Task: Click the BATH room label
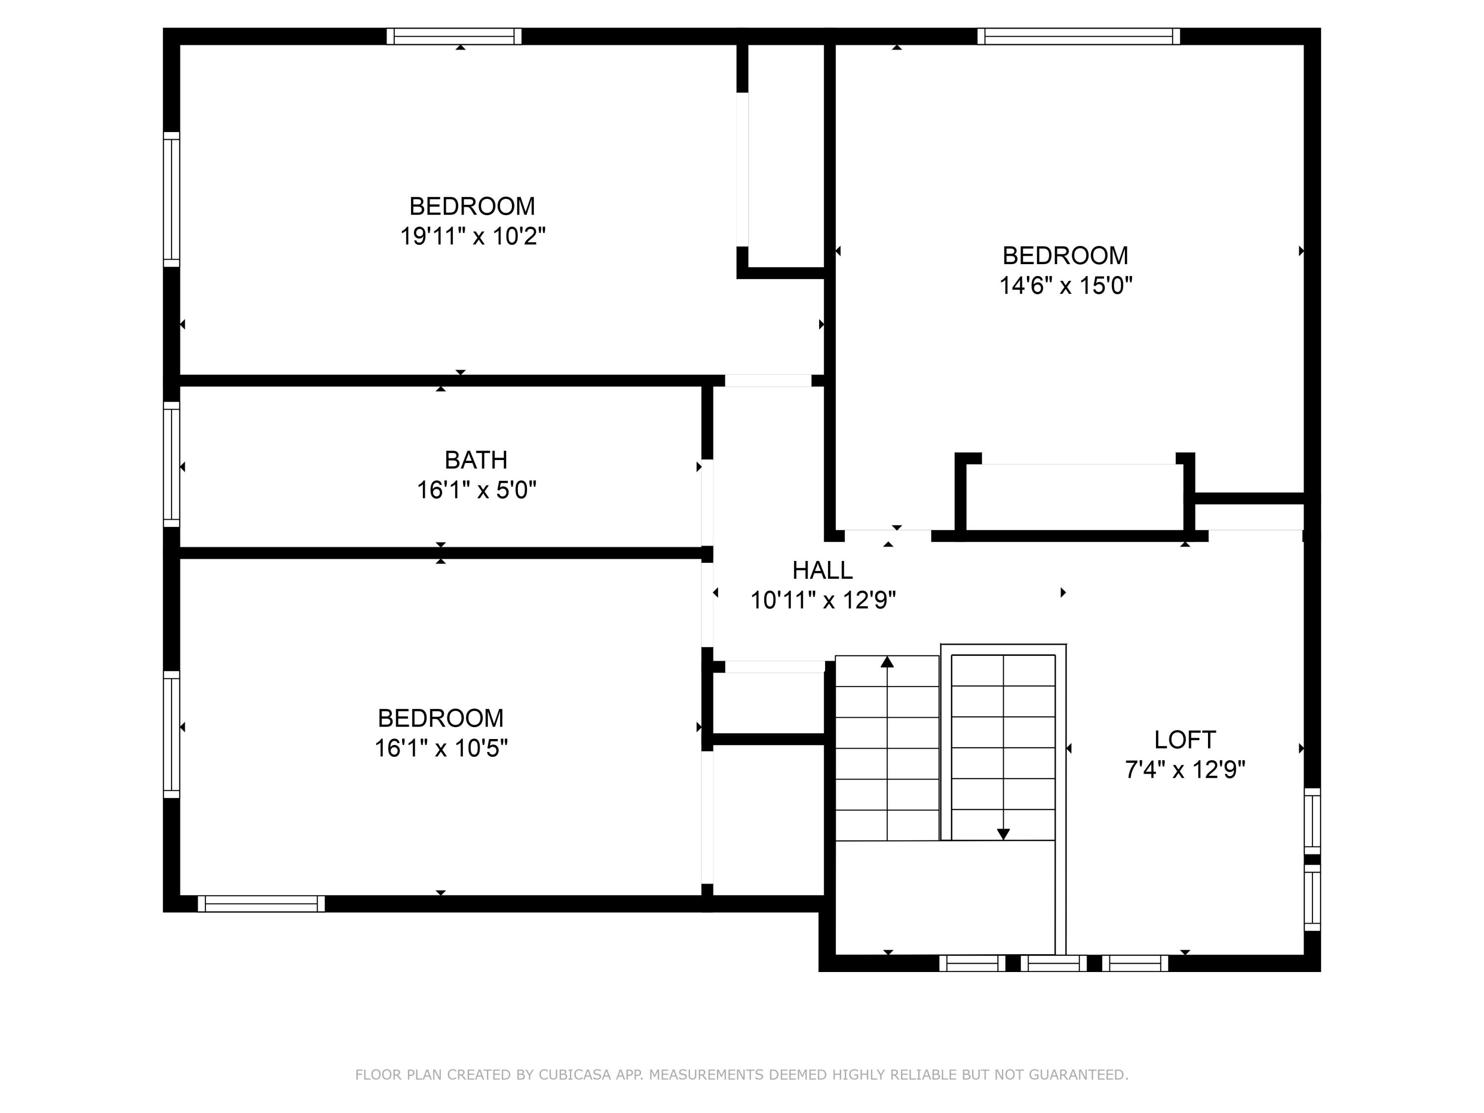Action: click(476, 460)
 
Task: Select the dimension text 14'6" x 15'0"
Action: click(1066, 286)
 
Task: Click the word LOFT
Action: click(1184, 740)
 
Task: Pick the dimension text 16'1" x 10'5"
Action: click(441, 748)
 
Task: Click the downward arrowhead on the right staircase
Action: click(1003, 834)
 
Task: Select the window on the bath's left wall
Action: click(172, 464)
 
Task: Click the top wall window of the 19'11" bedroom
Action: click(454, 36)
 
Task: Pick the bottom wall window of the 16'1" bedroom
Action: click(261, 904)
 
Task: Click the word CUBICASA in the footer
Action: click(574, 1075)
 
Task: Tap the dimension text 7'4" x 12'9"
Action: click(1184, 770)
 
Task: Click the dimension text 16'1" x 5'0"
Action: click(476, 490)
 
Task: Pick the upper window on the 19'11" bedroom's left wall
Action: click(172, 199)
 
